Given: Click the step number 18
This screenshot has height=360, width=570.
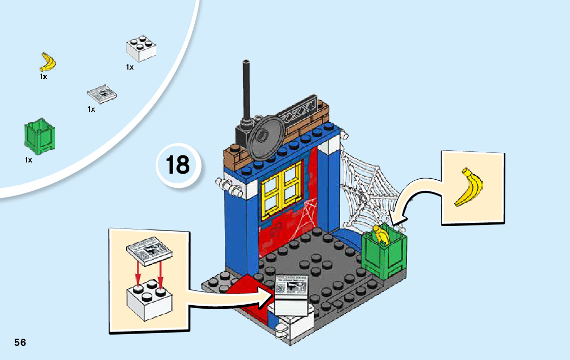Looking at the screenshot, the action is click(178, 165).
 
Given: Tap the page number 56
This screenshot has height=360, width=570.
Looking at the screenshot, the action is click(20, 342).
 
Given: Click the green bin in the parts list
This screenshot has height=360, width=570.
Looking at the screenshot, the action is click(39, 136).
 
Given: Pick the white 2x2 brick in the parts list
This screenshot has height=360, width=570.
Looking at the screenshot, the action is click(141, 49).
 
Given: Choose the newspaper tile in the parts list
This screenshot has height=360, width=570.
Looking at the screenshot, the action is click(102, 93).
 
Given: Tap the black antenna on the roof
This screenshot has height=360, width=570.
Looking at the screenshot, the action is click(247, 96).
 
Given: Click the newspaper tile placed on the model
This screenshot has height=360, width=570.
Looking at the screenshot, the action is click(291, 288).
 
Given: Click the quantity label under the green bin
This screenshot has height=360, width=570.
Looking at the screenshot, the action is click(28, 160).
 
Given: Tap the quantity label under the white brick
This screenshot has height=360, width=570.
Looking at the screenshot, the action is click(130, 67).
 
